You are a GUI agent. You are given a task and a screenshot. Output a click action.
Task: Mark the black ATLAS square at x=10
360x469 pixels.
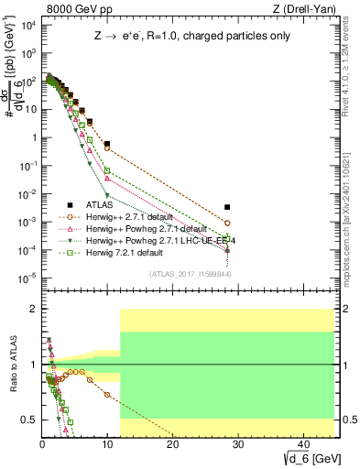coord(107,145)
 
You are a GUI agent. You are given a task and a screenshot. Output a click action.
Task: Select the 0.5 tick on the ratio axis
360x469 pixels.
coord(30,420)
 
